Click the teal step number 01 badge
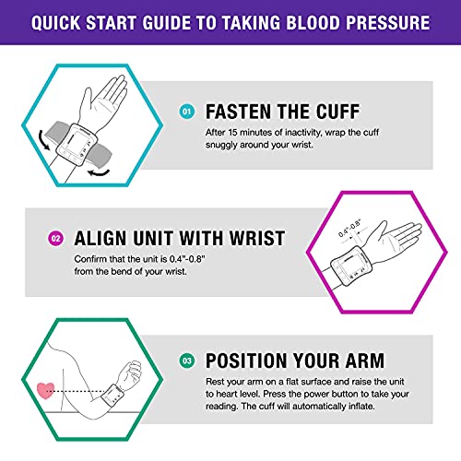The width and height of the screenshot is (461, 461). (x=188, y=112)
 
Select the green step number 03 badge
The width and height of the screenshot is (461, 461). (x=188, y=361)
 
